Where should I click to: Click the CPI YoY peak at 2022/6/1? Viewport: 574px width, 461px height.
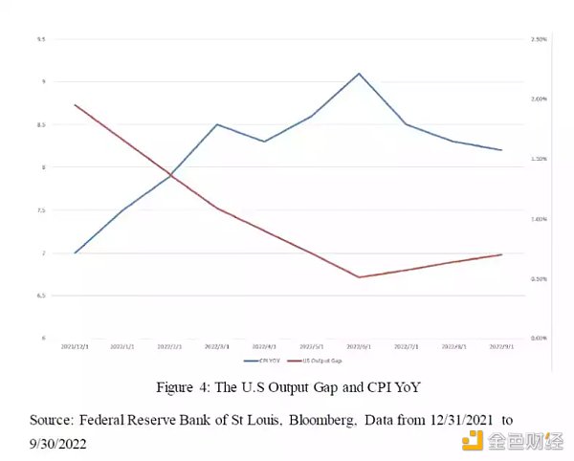pos(359,73)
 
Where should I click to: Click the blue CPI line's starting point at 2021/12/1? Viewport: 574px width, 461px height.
pos(75,253)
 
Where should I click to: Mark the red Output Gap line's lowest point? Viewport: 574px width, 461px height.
pos(359,277)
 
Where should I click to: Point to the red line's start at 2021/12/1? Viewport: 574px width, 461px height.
pos(75,105)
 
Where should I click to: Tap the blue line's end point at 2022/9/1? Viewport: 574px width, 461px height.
pos(501,150)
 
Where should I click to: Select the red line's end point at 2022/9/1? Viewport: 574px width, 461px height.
pos(501,254)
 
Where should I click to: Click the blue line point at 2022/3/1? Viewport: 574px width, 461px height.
pos(217,124)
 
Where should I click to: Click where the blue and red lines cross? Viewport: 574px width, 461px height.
pos(170,175)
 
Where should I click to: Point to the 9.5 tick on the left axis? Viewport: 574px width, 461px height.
pos(41,39)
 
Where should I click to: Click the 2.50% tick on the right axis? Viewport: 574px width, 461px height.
pos(537,39)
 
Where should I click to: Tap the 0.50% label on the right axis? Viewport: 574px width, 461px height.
pos(537,278)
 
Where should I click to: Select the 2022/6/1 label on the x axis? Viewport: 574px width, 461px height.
pos(359,345)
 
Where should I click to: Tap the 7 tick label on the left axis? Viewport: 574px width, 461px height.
pos(42,253)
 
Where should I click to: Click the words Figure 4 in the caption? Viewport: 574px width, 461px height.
pos(186,387)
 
